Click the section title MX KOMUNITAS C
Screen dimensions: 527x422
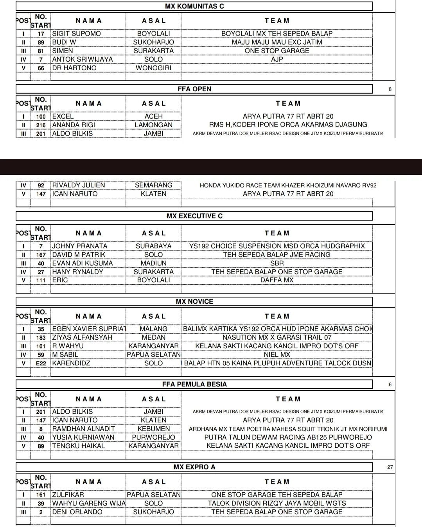(x=194, y=6)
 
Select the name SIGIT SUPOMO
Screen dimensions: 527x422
(x=77, y=34)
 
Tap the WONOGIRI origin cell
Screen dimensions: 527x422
(x=153, y=68)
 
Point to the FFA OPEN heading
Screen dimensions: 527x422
(x=194, y=89)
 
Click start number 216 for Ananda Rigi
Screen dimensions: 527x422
(x=41, y=125)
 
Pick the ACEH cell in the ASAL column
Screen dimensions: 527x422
(x=153, y=116)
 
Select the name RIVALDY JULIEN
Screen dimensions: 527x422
(x=79, y=185)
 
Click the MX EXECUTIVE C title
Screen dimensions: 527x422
(x=194, y=216)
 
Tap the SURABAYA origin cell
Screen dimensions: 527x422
(x=153, y=246)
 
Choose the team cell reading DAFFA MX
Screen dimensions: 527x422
(x=277, y=280)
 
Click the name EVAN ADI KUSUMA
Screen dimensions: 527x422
(x=83, y=263)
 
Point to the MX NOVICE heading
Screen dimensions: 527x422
(x=194, y=301)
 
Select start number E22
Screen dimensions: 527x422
(x=41, y=363)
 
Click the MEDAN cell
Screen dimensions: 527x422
(x=153, y=337)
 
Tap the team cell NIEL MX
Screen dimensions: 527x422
(x=277, y=354)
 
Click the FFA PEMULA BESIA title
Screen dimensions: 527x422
(x=194, y=384)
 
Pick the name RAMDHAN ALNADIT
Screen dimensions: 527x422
(x=84, y=429)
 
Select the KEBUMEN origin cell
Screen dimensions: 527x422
(x=153, y=429)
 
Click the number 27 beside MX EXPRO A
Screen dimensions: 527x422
(x=390, y=467)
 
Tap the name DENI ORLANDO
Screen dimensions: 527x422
(x=77, y=512)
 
